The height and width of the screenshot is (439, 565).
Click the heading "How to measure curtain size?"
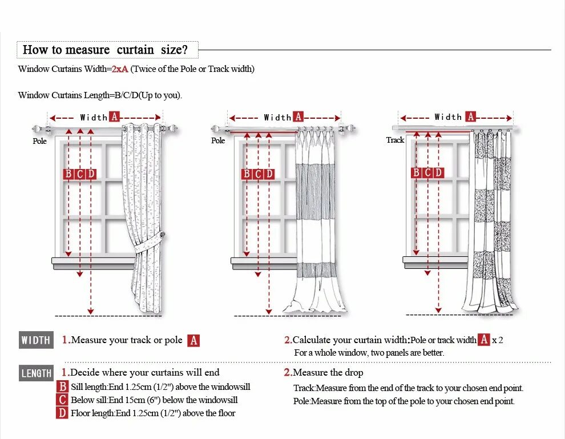point(105,50)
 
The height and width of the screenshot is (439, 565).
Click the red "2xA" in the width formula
point(120,69)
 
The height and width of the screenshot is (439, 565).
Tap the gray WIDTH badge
point(36,340)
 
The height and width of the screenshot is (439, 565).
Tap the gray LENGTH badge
point(37,373)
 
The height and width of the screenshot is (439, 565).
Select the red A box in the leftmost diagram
point(114,117)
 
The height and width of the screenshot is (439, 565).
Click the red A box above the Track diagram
point(470,116)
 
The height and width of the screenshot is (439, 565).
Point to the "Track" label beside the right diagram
point(395,140)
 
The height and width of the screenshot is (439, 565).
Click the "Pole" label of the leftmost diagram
point(39,141)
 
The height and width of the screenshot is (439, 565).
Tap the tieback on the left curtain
point(162,236)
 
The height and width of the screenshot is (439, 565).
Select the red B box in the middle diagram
point(247,174)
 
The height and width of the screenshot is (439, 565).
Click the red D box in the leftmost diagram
point(91,174)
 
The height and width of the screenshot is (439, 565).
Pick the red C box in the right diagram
point(427,172)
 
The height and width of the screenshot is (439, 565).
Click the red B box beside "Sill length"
point(63,387)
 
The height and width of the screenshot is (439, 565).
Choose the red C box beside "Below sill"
point(63,400)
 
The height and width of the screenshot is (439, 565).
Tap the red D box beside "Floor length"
point(63,413)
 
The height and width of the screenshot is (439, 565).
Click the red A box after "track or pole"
point(193,340)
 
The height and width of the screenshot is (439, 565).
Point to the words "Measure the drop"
point(328,373)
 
